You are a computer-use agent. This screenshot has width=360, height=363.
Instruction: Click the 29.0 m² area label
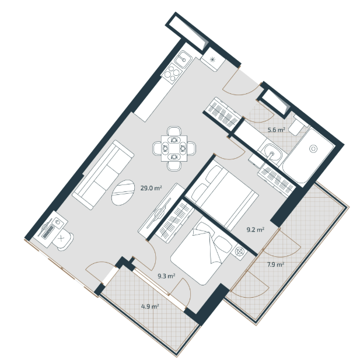(151, 188)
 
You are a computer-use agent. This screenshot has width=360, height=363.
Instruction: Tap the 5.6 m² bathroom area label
(276, 130)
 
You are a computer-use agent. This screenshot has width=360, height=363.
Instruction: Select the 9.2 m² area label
(256, 230)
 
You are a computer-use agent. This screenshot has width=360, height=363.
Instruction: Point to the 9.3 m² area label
(166, 276)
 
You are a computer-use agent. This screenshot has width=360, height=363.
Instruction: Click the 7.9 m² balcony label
(275, 264)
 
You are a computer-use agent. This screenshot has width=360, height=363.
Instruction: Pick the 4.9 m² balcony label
(150, 306)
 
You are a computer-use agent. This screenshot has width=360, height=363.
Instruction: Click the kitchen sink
(183, 60)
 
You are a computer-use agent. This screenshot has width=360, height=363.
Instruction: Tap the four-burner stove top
(172, 73)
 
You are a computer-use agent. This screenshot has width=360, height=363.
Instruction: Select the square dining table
(174, 148)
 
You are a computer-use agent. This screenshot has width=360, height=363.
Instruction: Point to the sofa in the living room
(103, 175)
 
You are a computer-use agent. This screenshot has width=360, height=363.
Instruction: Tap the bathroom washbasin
(271, 153)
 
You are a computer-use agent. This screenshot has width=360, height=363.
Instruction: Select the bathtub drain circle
(313, 149)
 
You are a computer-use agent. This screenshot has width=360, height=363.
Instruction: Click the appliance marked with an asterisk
(213, 60)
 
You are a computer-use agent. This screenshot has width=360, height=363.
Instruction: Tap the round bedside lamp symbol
(240, 251)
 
